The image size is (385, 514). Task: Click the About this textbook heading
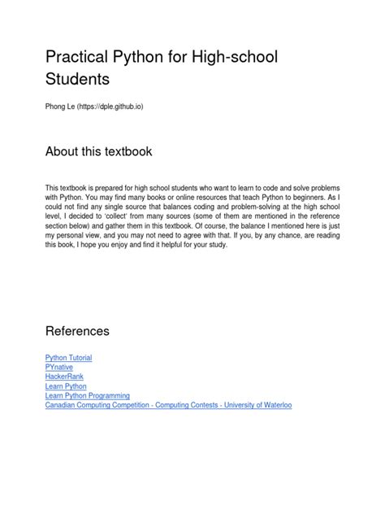point(98,152)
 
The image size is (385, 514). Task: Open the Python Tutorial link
point(68,357)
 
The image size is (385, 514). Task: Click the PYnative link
point(59,367)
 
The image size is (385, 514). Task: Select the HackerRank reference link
point(64,377)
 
